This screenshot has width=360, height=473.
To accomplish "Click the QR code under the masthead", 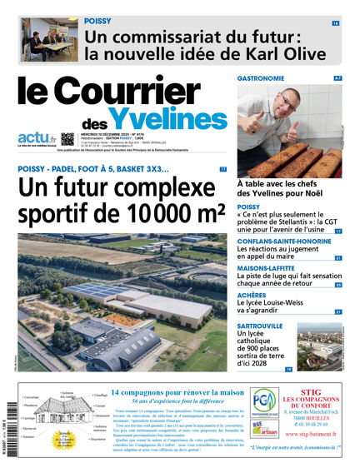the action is click(68, 138).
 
